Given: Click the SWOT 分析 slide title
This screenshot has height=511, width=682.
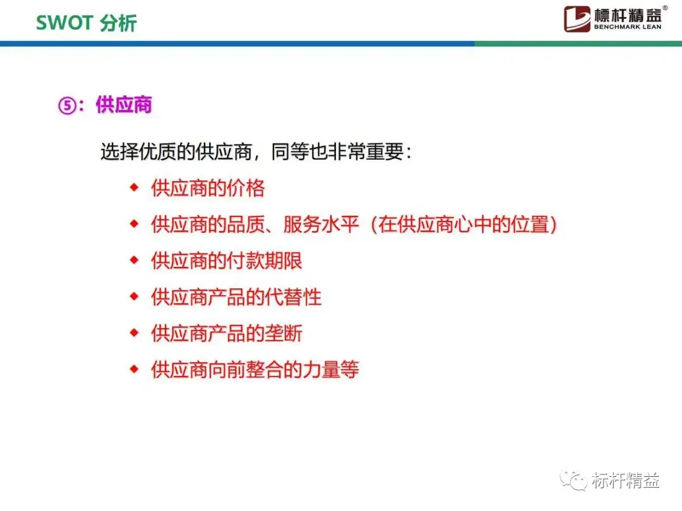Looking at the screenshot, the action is tap(86, 23).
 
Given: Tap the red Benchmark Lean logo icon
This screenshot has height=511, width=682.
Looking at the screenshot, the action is tap(577, 19).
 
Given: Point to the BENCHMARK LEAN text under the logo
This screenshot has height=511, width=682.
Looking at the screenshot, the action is tap(628, 27).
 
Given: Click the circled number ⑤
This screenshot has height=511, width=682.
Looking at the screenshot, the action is tap(67, 105).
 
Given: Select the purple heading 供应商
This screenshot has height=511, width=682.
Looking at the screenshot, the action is tap(124, 105).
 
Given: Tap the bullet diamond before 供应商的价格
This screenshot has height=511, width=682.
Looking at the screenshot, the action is tap(134, 188).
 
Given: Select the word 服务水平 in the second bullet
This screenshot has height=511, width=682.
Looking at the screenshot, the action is tap(321, 225).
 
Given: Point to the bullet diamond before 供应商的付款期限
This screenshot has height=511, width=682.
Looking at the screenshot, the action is tap(134, 261).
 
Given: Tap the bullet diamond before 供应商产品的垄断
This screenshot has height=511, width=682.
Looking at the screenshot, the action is tap(134, 333).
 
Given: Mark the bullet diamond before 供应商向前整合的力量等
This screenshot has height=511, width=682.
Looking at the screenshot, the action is tap(134, 369).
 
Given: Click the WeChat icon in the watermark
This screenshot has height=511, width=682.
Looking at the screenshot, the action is tap(573, 480).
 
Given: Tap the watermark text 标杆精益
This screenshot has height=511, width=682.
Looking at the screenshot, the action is tap(625, 481).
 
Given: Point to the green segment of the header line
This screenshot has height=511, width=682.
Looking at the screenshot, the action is tap(578, 44).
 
